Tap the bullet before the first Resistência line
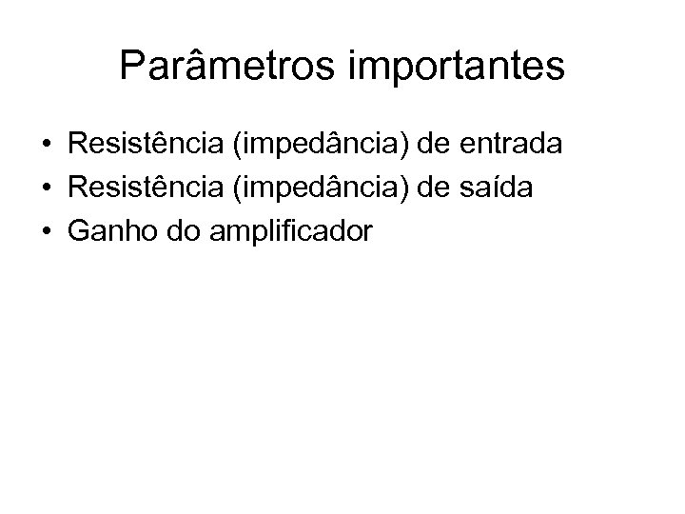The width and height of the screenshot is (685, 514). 46,147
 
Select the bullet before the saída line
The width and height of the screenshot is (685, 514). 46,188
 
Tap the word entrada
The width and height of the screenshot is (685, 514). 511,146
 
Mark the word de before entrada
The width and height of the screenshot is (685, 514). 435,146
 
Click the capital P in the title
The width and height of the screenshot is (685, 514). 133,66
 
